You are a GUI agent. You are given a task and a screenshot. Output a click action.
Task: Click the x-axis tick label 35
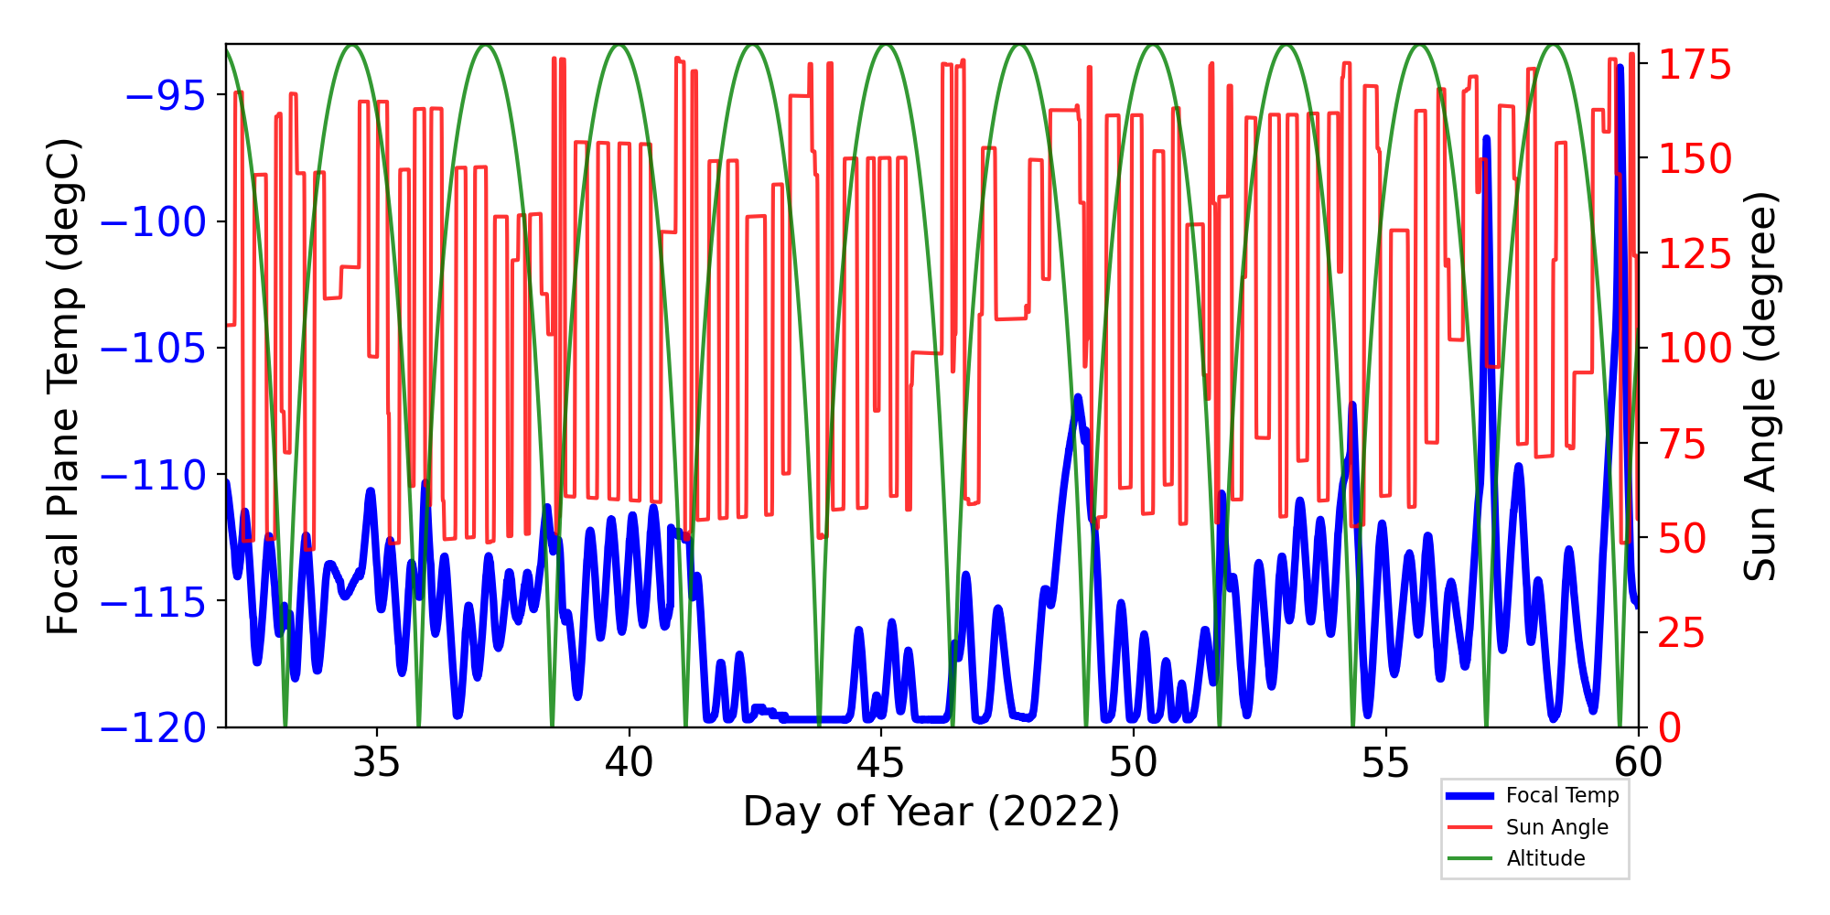coord(377,762)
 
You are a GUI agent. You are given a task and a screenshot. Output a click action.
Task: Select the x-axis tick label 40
coord(630,762)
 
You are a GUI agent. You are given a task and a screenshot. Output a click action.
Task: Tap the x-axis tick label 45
coord(881,762)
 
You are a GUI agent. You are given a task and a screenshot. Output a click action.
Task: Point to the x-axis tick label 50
coord(1133,762)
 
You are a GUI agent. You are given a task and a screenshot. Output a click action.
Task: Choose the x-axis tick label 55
coord(1385,762)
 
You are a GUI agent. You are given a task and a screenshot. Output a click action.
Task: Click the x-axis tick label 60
coord(1637,762)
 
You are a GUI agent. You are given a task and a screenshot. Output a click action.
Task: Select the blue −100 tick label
coord(153,221)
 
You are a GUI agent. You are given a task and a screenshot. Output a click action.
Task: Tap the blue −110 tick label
coord(153,475)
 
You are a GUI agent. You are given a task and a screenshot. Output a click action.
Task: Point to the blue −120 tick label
coord(153,729)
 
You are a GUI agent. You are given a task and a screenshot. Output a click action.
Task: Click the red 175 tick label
coord(1695,66)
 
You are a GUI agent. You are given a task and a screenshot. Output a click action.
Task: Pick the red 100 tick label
coord(1695,349)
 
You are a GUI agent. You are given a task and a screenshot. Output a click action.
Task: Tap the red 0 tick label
coord(1671,729)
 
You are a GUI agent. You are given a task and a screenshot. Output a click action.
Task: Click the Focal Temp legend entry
coord(1562,796)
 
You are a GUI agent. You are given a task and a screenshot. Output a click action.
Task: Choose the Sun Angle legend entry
coord(1556,827)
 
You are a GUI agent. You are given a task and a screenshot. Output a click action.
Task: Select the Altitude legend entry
coord(1545,858)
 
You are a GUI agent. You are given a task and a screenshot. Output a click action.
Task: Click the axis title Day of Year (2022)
coord(931,812)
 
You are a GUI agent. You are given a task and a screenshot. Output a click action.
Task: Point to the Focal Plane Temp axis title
coord(64,386)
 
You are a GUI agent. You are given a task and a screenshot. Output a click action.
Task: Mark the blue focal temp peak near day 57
coord(1486,139)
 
